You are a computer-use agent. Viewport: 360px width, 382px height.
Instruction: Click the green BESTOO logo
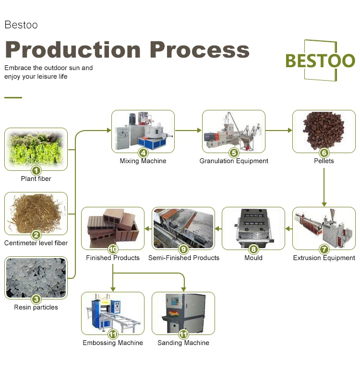coord(320,60)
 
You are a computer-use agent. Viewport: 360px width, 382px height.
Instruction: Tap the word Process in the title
coord(199,50)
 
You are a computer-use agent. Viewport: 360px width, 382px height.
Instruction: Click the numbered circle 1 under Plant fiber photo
coord(36,170)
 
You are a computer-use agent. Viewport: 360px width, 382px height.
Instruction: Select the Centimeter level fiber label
coord(36,243)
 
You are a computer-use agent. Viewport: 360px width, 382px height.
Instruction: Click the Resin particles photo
coord(36,278)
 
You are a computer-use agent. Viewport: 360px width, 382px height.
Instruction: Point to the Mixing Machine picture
coord(143,131)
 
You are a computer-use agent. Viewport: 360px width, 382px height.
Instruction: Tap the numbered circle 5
coord(234,153)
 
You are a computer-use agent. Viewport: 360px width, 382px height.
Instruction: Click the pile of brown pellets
coord(324,131)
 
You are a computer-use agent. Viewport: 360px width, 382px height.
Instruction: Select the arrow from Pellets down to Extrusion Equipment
coord(324,187)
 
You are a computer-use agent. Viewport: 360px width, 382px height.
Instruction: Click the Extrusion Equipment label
coord(324,258)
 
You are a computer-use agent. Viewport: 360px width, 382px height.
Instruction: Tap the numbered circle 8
coord(253,249)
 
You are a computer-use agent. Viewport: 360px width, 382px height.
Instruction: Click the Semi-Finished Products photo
coord(183,228)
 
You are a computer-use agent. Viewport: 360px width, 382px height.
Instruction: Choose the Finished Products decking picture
coord(113,228)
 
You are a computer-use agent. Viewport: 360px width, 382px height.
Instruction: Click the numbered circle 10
coord(113,249)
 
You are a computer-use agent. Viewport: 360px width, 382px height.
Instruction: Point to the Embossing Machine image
coord(113,313)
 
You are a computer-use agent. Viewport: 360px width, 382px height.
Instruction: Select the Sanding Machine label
coord(183,343)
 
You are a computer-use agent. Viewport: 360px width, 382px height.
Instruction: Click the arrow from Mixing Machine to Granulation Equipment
coord(188,131)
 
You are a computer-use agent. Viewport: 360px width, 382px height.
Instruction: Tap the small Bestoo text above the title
coord(21,25)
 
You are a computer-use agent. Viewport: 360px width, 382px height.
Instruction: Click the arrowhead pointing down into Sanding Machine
coord(183,289)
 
